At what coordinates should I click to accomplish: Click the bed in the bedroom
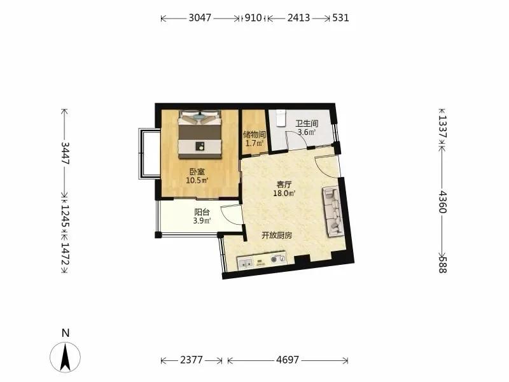[x=200, y=134]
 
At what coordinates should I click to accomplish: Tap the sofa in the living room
[x=333, y=212]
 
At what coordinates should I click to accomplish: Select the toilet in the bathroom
[x=280, y=118]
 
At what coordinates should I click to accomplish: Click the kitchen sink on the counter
[x=246, y=264]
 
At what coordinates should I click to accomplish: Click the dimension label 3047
[x=200, y=18]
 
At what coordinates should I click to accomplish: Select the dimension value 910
[x=253, y=18]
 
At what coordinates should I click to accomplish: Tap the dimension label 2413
[x=298, y=18]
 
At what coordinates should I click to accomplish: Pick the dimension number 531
[x=340, y=18]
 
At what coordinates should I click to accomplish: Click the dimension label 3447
[x=66, y=153]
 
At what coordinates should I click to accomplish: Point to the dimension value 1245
[x=66, y=216]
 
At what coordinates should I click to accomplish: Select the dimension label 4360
[x=442, y=202]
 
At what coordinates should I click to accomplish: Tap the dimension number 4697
[x=288, y=360]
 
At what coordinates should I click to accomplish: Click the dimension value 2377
[x=192, y=360]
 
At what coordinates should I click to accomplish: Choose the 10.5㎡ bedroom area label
[x=197, y=181]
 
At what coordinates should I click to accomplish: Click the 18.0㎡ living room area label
[x=284, y=194]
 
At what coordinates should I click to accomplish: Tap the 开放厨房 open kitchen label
[x=277, y=236]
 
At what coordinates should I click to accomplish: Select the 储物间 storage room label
[x=254, y=134]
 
